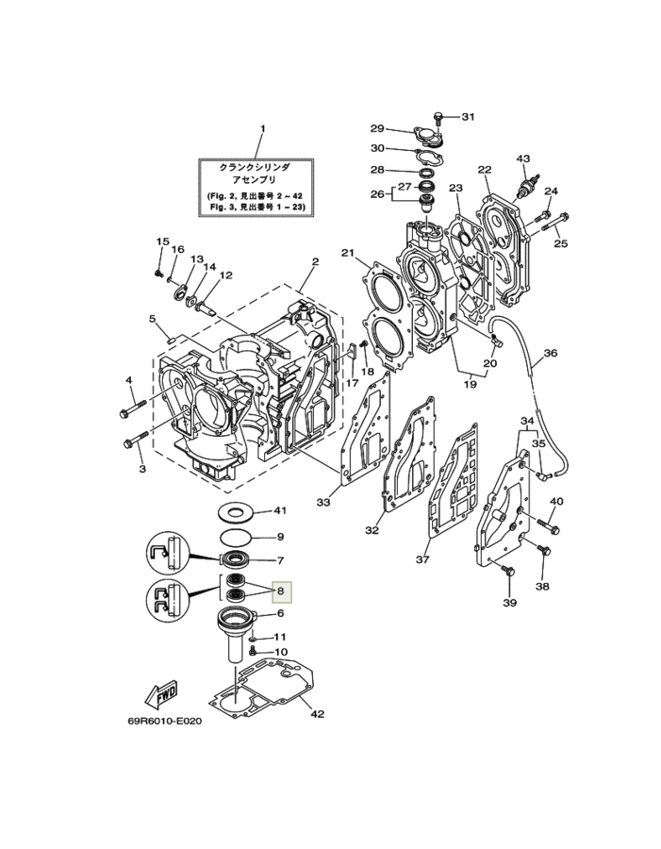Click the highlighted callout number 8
[280, 591]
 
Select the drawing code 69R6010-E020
[164, 722]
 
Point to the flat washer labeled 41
[236, 511]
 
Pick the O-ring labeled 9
[236, 537]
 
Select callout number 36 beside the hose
[550, 353]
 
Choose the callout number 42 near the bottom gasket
[317, 714]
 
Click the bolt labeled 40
[548, 525]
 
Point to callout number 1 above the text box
[263, 129]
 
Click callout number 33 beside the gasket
[323, 502]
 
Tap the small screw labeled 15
[158, 273]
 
